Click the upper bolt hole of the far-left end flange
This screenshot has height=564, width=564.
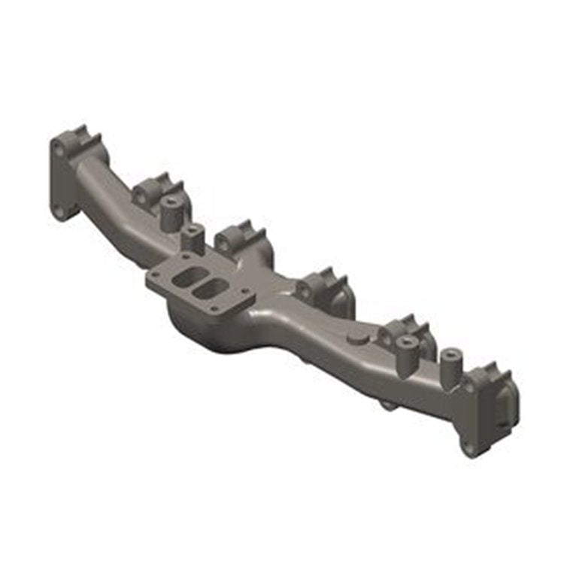tap(59, 151)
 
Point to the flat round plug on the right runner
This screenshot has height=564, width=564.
tap(359, 339)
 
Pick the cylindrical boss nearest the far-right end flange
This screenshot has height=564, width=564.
tap(451, 363)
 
